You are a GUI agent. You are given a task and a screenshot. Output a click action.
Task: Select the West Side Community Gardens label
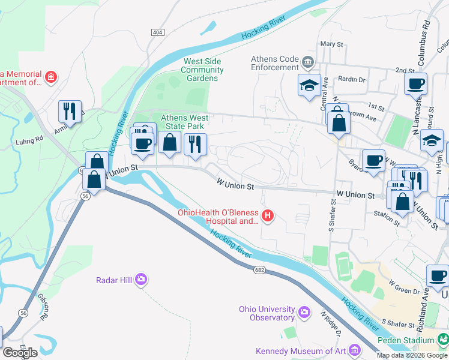coord(202,70)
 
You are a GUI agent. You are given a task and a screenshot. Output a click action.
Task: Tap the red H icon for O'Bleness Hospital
coord(269,215)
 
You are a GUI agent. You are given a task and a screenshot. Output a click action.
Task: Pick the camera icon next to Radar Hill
coord(141,280)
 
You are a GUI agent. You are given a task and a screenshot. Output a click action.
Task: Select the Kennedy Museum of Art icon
coord(354,350)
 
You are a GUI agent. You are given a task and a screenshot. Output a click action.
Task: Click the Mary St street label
coord(331,44)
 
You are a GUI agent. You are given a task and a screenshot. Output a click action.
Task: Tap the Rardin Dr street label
coord(352,79)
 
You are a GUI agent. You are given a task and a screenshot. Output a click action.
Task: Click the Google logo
coord(20,352)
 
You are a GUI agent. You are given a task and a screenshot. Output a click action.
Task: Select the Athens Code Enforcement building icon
coord(307,61)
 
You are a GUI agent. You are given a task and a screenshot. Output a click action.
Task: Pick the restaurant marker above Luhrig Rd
coord(70,112)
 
